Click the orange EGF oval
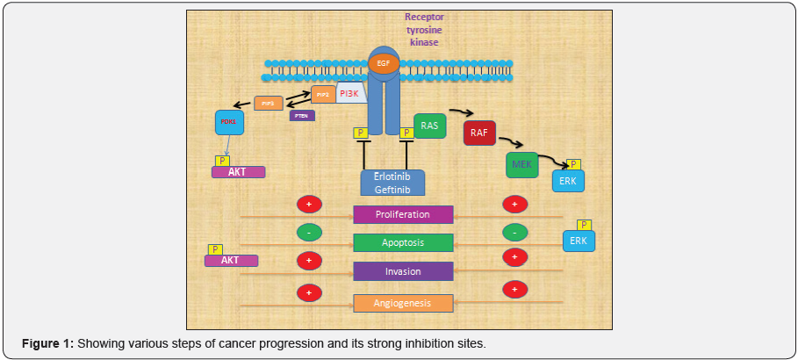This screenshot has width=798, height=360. [383, 64]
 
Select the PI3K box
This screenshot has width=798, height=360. [351, 93]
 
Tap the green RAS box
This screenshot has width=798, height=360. [429, 126]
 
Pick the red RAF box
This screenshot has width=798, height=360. [480, 133]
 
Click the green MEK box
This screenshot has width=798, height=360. [521, 164]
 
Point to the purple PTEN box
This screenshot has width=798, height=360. [302, 115]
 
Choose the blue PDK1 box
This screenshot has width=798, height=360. [229, 122]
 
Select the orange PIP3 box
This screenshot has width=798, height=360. [268, 103]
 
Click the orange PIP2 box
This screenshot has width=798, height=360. [323, 94]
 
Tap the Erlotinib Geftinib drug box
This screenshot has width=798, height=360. [392, 182]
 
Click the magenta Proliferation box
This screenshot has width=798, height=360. [403, 215]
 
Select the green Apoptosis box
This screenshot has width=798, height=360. [403, 242]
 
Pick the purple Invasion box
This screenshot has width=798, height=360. [403, 271]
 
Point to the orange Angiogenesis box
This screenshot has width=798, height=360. [403, 303]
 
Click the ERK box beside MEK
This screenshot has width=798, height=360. [566, 181]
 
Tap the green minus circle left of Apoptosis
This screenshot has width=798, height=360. [309, 232]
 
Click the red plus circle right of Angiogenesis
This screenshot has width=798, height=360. [514, 289]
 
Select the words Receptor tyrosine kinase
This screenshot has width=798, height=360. [424, 29]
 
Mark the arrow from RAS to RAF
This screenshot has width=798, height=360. [462, 112]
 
